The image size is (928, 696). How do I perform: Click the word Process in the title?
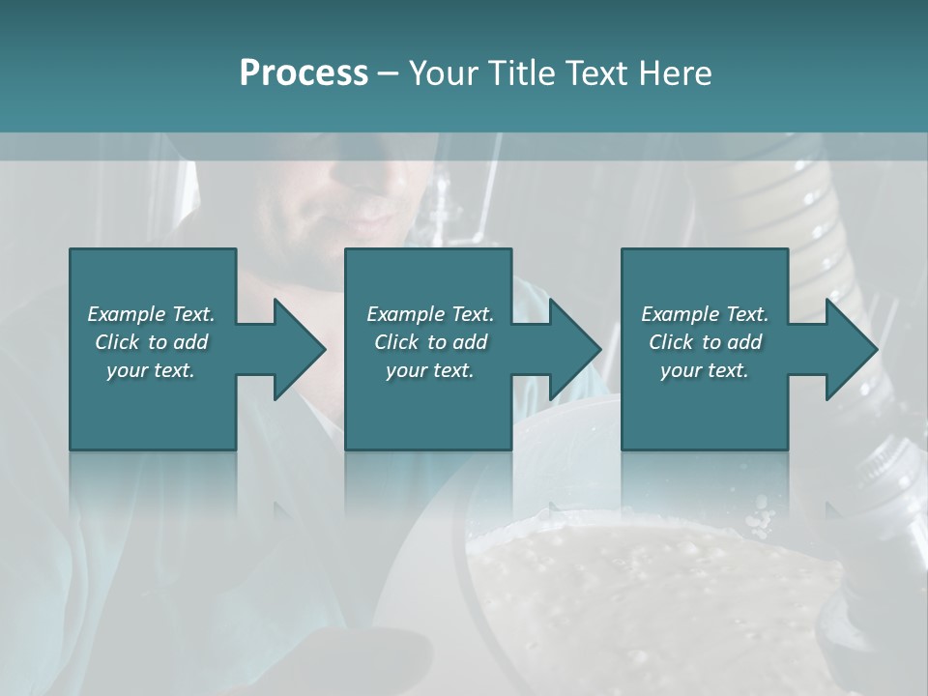pos(304,73)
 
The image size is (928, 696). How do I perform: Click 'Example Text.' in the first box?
pos(151,314)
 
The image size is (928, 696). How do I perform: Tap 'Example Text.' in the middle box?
pos(430,314)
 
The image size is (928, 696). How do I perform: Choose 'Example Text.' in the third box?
pos(705,314)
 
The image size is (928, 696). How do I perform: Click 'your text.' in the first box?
pos(151,370)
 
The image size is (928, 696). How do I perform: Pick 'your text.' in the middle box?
pos(430,370)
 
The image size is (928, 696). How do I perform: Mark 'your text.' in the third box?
pos(705,370)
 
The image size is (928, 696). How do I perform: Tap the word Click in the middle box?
pos(396,342)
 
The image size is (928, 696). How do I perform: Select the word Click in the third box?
pos(671,342)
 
